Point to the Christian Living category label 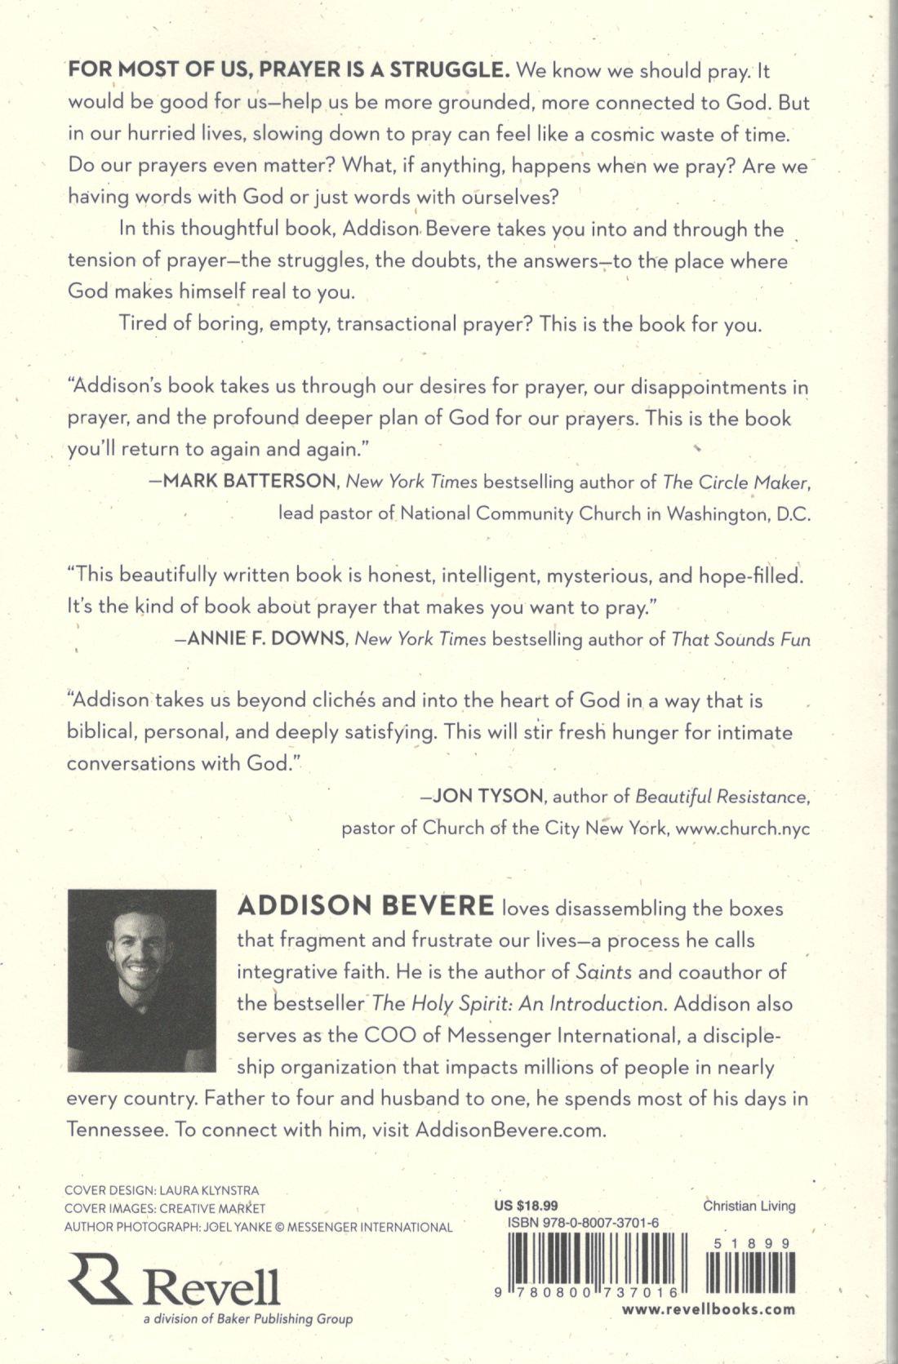coord(749,1206)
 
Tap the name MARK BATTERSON coord(251,482)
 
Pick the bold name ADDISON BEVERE coord(365,907)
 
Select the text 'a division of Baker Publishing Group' coord(247,1318)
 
